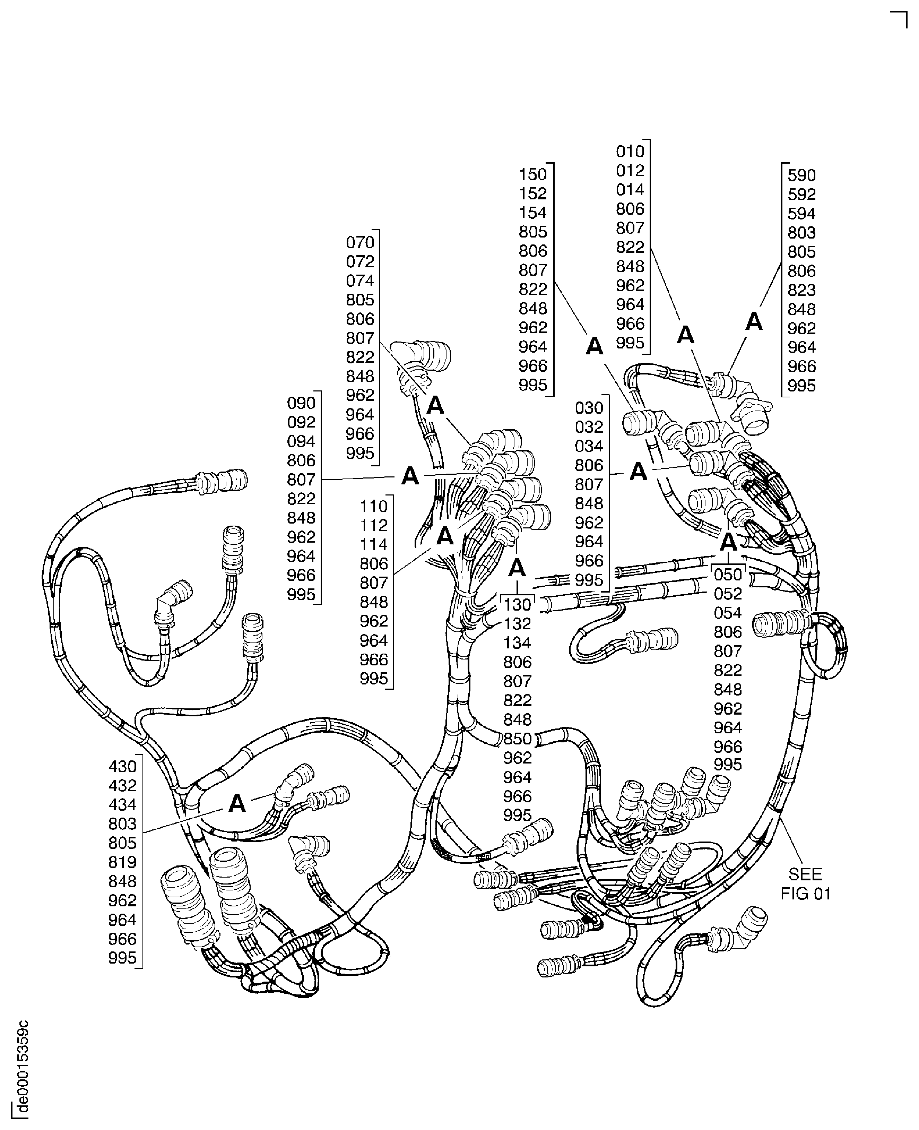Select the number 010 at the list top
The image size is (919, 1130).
[x=630, y=152]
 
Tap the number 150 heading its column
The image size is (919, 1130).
[x=532, y=174]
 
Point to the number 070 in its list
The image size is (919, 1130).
[x=360, y=242]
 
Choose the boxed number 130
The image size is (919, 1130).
[x=517, y=605]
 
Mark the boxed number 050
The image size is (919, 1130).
[x=728, y=575]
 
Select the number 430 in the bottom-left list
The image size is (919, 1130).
[x=122, y=766]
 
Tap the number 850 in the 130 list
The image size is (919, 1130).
[x=517, y=739]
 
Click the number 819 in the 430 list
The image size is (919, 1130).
[x=122, y=862]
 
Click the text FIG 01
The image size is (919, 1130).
[x=805, y=894]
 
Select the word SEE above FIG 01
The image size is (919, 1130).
[x=805, y=874]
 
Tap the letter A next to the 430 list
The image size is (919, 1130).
[x=237, y=804]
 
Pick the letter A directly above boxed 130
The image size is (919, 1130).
[x=517, y=568]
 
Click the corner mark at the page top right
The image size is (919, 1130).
[x=900, y=18]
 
